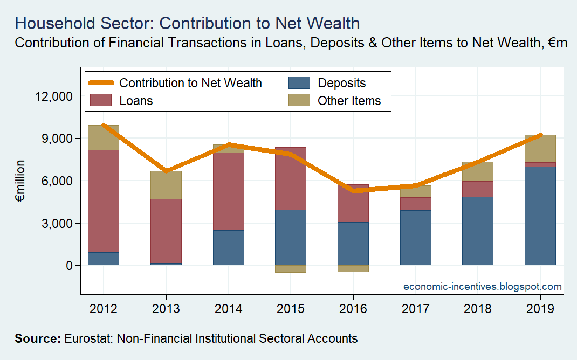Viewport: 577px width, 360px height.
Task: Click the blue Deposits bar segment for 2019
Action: pyautogui.click(x=540, y=216)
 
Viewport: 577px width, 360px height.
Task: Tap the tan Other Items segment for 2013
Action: pyautogui.click(x=166, y=185)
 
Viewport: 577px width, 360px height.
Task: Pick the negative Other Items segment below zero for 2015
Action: pyautogui.click(x=291, y=268)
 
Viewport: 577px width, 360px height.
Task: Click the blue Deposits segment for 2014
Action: pyautogui.click(x=229, y=247)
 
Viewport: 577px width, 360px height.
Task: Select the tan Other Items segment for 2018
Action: pyautogui.click(x=478, y=171)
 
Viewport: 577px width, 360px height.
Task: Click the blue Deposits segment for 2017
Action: pyautogui.click(x=415, y=238)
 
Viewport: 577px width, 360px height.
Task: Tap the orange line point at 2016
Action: pyautogui.click(x=353, y=191)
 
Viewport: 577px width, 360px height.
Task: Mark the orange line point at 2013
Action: pyautogui.click(x=166, y=171)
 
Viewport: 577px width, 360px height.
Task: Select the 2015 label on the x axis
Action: pyautogui.click(x=291, y=309)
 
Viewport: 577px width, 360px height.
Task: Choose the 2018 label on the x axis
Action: pyautogui.click(x=478, y=309)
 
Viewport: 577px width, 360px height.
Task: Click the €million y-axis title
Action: pyautogui.click(x=20, y=181)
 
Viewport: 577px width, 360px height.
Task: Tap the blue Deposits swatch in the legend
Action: pyautogui.click(x=299, y=82)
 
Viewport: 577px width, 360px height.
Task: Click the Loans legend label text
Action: pyautogui.click(x=136, y=100)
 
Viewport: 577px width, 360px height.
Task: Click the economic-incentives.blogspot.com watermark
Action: pyautogui.click(x=483, y=286)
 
